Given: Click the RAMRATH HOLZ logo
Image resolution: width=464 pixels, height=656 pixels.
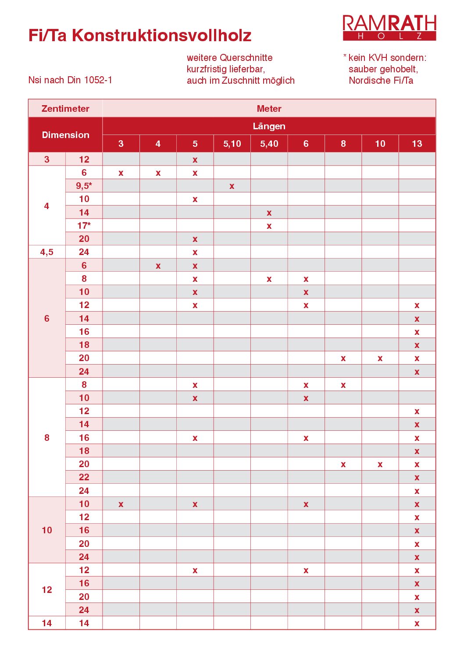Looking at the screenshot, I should (389, 28).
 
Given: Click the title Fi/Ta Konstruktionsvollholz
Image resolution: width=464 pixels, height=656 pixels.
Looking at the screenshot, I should (139, 35).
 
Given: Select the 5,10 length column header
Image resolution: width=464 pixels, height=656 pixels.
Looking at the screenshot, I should (232, 144).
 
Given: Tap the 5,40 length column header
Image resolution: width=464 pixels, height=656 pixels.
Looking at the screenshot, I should (269, 144).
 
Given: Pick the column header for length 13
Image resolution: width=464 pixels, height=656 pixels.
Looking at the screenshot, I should (417, 144).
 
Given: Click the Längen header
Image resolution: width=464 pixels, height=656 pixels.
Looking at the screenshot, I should (269, 126).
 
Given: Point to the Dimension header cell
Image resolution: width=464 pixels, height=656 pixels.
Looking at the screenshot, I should (65, 135).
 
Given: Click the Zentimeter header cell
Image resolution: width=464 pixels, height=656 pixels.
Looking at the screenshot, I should (65, 109).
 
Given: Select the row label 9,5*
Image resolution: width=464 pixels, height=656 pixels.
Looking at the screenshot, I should (84, 186).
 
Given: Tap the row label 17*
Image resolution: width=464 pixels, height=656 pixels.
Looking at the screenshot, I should (84, 226).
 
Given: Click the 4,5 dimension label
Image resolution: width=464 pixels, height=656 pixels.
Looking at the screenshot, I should (47, 252).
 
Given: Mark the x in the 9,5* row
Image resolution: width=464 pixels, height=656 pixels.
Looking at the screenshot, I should (232, 186).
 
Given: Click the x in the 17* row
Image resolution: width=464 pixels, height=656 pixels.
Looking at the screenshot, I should (269, 226).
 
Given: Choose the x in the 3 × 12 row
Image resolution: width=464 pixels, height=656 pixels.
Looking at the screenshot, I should (195, 160).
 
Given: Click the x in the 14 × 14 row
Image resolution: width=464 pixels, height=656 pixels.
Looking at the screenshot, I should (417, 624).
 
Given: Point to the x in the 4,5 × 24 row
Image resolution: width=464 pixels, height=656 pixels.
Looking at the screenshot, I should (195, 252).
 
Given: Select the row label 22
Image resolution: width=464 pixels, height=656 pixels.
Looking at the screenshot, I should (84, 477).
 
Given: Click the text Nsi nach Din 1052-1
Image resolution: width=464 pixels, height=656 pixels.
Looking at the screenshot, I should (70, 80).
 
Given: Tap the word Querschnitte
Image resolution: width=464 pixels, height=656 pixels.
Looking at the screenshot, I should (246, 58).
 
